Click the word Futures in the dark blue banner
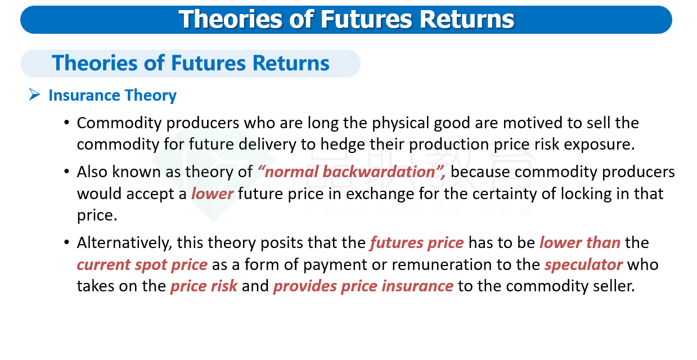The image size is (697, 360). point(366,19)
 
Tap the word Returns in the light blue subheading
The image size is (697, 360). point(291,63)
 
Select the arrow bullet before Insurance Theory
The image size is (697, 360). point(34,94)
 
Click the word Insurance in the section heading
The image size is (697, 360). point(84,95)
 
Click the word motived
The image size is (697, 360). point(532,123)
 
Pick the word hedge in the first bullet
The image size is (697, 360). point(342,145)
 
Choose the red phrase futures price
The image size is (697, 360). point(417,242)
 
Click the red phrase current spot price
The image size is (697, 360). point(142,265)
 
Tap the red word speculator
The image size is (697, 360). point(584,265)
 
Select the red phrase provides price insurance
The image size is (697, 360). point(363,286)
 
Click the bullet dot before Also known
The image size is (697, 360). point(66,172)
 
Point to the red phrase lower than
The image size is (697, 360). point(580,242)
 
